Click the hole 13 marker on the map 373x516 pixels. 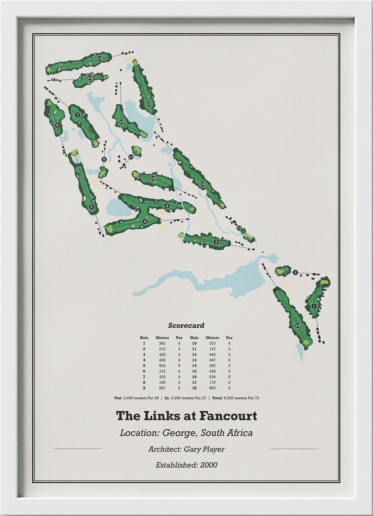click(99, 59)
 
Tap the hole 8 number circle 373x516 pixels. click(104, 159)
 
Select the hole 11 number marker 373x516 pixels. click(131, 157)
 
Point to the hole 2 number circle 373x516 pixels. click(296, 272)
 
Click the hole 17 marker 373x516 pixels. click(239, 228)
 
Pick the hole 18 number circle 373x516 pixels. click(298, 326)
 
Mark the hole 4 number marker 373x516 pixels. click(145, 221)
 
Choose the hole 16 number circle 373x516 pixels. click(202, 184)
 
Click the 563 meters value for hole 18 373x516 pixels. click(212, 388)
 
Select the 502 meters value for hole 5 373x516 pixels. click(162, 366)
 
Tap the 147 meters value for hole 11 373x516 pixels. click(212, 349)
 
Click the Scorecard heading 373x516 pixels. click(186, 326)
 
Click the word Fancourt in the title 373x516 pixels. click(228, 416)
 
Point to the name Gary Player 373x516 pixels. click(204, 449)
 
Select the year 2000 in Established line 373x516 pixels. click(209, 465)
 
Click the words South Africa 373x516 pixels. click(226, 433)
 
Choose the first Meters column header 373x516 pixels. click(162, 338)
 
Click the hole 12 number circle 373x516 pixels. click(149, 104)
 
